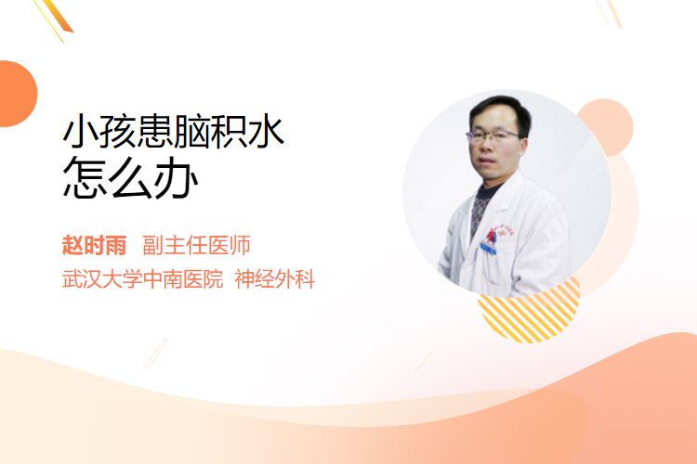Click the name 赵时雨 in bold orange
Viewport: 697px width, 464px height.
(x=94, y=245)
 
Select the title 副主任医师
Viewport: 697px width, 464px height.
(x=196, y=245)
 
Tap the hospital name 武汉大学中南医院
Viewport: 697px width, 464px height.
(x=143, y=279)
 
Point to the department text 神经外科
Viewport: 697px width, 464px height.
(x=275, y=279)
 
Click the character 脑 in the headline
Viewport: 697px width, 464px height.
(x=191, y=132)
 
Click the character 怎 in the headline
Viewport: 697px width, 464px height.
(x=85, y=177)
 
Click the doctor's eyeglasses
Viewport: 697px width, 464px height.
(x=492, y=135)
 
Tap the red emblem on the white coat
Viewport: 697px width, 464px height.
(x=492, y=235)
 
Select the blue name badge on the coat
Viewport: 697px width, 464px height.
(x=489, y=249)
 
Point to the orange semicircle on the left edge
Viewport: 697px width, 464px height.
(x=17, y=94)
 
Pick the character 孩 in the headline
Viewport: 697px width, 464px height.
(x=118, y=132)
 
